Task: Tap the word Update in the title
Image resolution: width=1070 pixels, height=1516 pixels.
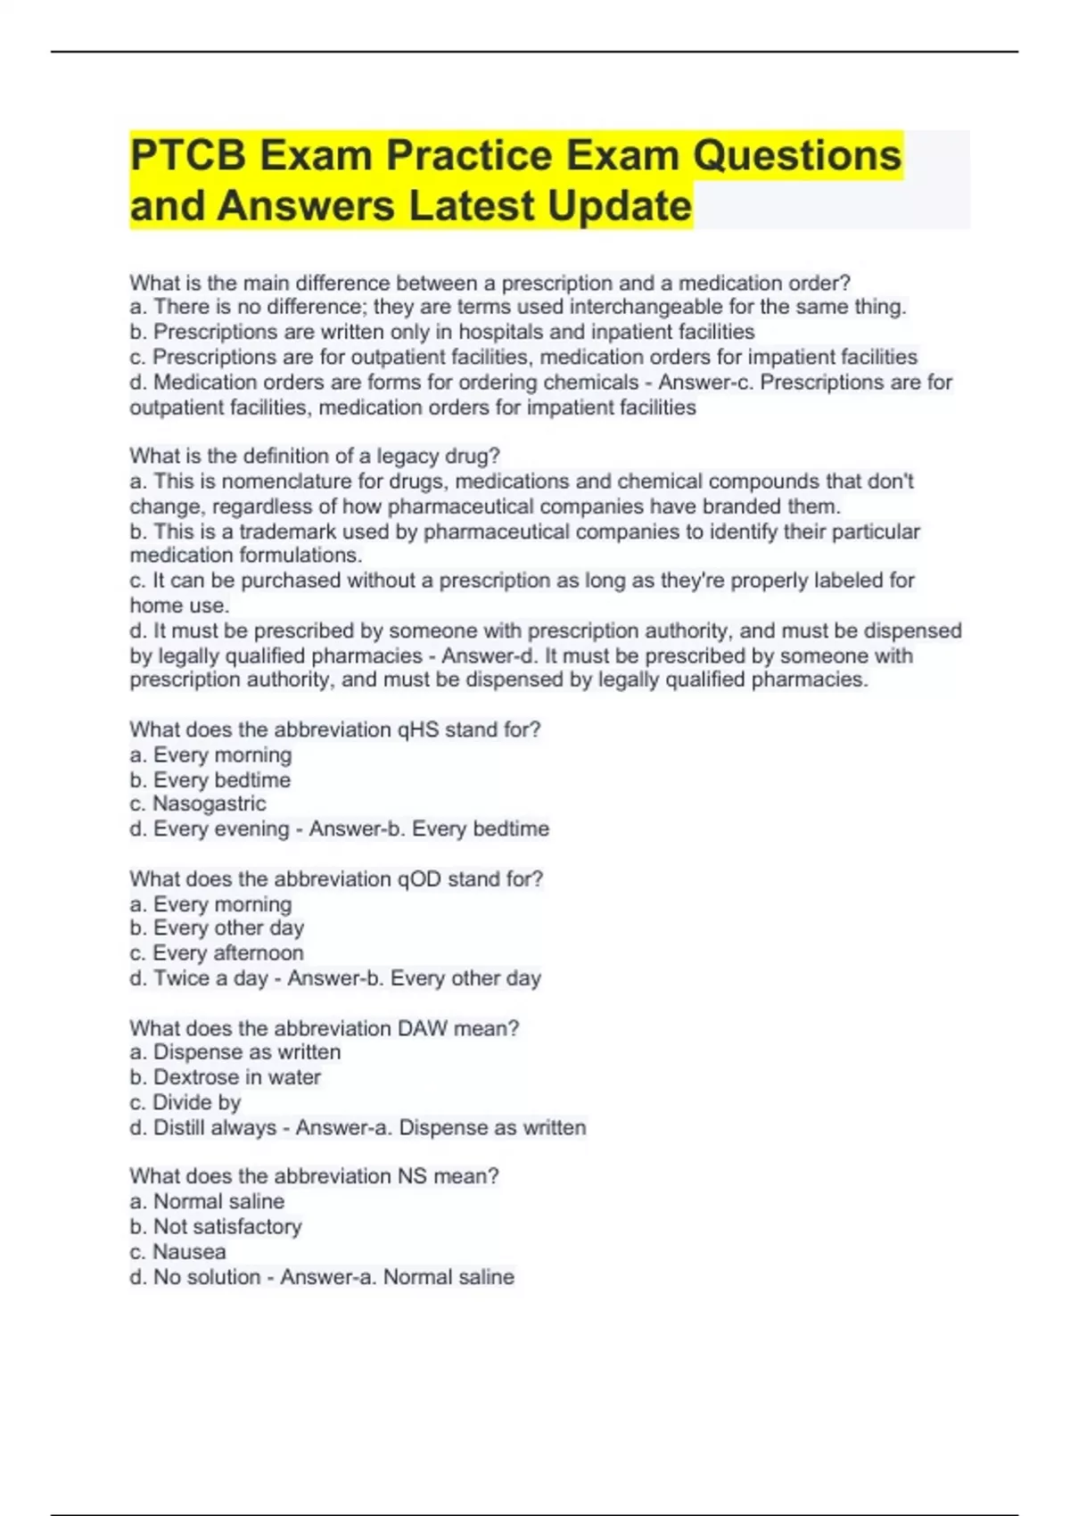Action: pos(620,206)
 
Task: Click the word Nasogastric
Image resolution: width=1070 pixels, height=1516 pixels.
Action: pos(210,803)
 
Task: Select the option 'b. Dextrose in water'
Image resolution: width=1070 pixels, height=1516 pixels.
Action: pos(225,1077)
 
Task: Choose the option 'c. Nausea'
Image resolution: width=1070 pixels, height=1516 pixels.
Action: pos(177,1252)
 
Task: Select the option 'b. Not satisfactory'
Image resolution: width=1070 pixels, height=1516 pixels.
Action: pos(216,1227)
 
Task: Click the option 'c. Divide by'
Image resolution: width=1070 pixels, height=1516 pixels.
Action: pos(185,1102)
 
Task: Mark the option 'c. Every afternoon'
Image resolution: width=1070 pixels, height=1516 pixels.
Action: pos(217,953)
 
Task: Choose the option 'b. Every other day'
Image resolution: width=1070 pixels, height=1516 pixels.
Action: pos(217,928)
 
